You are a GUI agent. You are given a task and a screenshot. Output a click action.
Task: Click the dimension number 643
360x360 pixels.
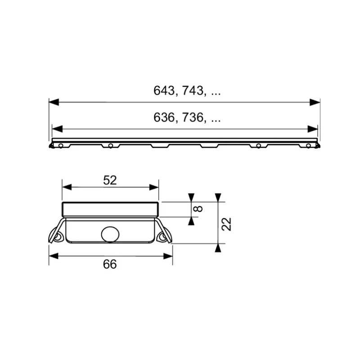(x=164, y=90)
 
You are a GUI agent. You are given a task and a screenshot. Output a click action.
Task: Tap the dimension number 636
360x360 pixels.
(x=164, y=117)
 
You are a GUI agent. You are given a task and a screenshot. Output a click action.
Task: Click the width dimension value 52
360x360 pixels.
(x=110, y=180)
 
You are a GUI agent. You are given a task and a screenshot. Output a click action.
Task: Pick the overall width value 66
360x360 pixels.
(x=110, y=264)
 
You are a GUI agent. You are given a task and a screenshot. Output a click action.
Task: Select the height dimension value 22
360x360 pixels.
(x=226, y=224)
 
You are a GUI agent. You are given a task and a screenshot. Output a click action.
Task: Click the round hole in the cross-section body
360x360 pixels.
(x=110, y=234)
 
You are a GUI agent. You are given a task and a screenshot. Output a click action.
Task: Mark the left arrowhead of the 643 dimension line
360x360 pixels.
(x=54, y=102)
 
